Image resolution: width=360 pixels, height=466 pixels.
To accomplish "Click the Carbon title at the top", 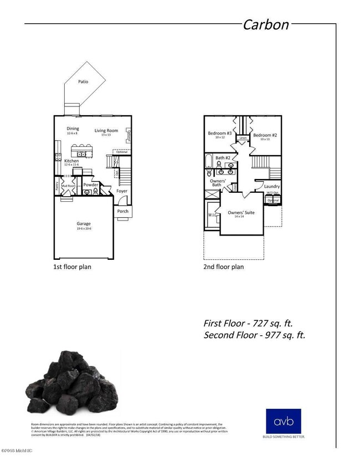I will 266,24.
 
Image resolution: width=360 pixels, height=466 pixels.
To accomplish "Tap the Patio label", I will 83,81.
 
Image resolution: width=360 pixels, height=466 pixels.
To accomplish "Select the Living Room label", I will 106,131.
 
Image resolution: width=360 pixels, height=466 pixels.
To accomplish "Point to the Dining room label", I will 73,128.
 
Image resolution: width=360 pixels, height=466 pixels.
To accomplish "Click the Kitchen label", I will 71,161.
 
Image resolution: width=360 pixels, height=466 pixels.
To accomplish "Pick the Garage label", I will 84,224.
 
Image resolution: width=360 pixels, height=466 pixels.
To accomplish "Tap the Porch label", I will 123,211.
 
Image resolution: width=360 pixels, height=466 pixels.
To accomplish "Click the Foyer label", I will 122,191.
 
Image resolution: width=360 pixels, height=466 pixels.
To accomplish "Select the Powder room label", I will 91,185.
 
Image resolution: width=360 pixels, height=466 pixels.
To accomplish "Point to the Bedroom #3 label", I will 220,134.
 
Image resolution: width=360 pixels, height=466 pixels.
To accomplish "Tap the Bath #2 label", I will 223,158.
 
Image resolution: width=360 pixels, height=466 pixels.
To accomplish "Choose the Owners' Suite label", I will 241,212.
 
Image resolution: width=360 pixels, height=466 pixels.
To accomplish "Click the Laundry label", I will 272,186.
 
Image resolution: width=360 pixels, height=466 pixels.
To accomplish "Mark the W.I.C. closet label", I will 212,214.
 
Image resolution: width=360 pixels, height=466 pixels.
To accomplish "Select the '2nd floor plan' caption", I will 224,267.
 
